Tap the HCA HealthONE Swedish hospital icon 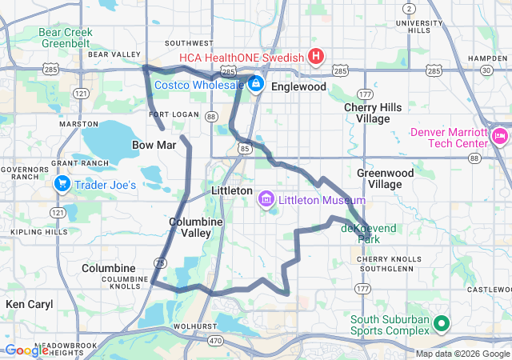316,57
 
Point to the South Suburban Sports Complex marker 440,325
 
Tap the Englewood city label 298,86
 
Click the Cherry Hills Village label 366,113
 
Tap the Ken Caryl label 29,304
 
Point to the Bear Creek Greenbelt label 66,38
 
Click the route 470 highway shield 214,340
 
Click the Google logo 26,350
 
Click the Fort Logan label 173,114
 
